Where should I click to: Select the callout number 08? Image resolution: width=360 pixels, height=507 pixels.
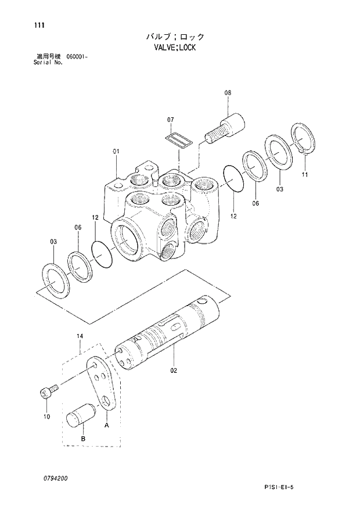(x=228, y=92)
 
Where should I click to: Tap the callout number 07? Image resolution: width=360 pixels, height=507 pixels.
(x=171, y=120)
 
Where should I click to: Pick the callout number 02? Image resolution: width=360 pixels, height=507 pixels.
(x=174, y=369)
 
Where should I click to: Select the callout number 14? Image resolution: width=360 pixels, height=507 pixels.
(x=80, y=336)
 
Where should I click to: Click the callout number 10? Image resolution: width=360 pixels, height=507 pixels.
(x=46, y=416)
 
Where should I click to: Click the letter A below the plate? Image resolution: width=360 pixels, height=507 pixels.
(x=106, y=426)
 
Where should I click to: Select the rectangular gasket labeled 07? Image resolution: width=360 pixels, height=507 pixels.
(x=177, y=140)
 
